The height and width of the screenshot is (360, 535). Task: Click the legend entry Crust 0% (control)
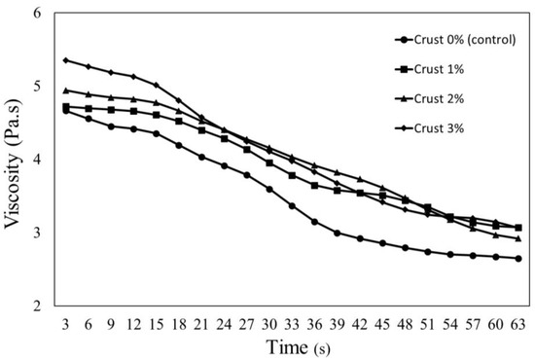click(455, 40)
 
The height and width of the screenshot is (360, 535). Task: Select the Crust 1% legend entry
click(430, 69)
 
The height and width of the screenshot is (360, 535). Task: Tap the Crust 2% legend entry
click(430, 99)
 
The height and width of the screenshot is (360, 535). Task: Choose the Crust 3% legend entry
click(430, 128)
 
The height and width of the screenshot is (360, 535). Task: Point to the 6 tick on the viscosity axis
click(37, 13)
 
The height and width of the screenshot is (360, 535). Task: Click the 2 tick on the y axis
click(37, 306)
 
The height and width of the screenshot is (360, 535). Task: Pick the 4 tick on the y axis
click(37, 160)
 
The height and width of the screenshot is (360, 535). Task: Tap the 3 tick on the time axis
click(65, 324)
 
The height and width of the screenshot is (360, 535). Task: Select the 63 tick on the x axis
click(518, 324)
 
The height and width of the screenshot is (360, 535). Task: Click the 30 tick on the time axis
click(269, 324)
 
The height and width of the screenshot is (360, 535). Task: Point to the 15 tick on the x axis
click(157, 324)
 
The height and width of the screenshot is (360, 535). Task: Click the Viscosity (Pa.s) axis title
click(12, 164)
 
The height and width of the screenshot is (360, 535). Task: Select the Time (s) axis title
click(299, 347)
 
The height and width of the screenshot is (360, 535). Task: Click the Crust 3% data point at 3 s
click(66, 60)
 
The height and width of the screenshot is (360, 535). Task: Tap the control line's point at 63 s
click(518, 259)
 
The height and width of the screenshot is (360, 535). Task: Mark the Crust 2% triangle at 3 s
click(66, 90)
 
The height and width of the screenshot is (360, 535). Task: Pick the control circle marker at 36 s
click(314, 222)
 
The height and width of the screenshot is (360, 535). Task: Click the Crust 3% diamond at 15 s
click(157, 85)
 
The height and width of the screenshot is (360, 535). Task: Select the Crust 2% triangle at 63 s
click(518, 238)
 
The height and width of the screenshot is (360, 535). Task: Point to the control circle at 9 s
click(111, 126)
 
